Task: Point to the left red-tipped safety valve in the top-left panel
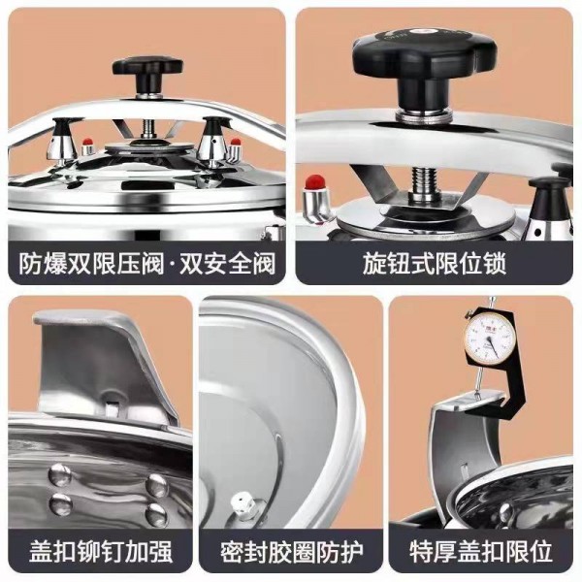click(x=87, y=146)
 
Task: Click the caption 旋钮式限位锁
click(x=435, y=263)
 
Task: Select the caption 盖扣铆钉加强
click(x=101, y=552)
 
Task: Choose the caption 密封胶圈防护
click(x=292, y=552)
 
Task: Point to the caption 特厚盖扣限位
click(x=481, y=552)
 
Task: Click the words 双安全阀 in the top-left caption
click(x=228, y=263)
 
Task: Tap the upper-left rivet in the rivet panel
click(x=60, y=474)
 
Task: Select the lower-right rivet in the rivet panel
click(x=156, y=515)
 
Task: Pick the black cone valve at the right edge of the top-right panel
click(x=550, y=208)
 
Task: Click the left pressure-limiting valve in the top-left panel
click(x=63, y=141)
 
